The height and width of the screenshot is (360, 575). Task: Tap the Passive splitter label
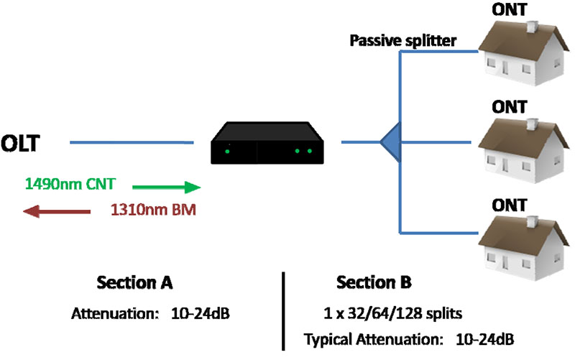402,41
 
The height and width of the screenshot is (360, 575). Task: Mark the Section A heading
136,282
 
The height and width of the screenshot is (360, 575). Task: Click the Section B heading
374,282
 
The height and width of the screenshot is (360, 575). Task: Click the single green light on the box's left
227,152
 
